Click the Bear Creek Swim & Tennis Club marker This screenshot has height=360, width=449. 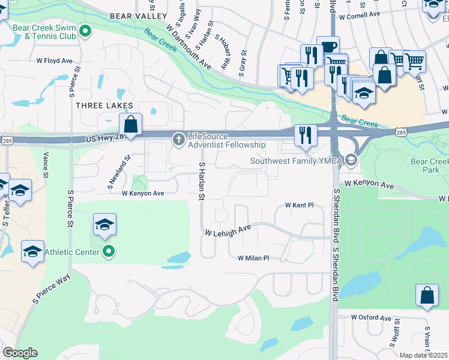coord(85,31)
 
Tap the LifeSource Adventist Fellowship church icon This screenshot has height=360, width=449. coord(178,139)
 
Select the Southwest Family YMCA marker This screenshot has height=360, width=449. coord(351,160)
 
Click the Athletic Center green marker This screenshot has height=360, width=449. coord(108,252)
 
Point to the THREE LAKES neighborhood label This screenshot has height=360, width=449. coord(104,106)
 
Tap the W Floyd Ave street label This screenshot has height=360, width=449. coord(54,61)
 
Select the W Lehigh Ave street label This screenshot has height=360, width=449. coord(228,230)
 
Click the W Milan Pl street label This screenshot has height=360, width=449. coord(254,258)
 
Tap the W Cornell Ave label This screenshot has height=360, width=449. coord(360,14)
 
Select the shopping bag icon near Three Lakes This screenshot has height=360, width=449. coord(130,125)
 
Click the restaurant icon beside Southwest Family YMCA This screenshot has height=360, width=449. coord(306,136)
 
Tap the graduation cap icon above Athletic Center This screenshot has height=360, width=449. coord(104,225)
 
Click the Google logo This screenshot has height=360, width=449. coord(20,353)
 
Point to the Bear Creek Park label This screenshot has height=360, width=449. coord(429,166)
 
